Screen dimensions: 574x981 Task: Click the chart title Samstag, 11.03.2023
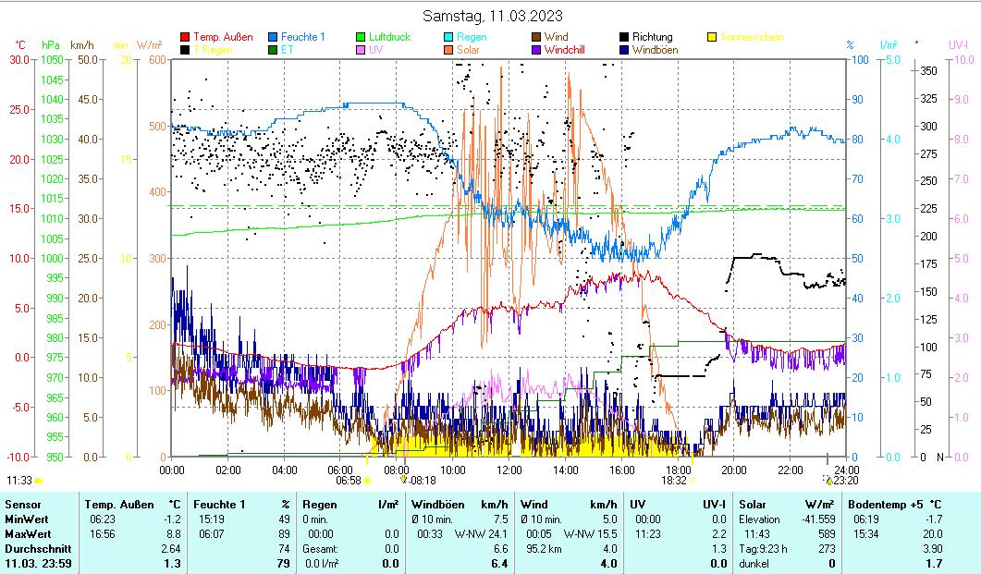point(492,16)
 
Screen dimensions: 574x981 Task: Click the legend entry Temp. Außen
point(223,37)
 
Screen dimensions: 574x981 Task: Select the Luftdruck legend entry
point(389,37)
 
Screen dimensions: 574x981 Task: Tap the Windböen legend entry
point(658,50)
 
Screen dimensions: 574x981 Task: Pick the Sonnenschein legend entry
point(752,37)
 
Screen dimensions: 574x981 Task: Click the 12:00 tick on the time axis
point(509,470)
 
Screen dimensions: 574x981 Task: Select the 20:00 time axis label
point(734,470)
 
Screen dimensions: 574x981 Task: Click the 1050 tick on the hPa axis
point(53,60)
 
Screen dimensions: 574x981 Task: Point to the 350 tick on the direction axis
point(929,70)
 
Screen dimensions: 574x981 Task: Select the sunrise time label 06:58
point(348,481)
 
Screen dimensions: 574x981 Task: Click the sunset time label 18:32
point(673,481)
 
